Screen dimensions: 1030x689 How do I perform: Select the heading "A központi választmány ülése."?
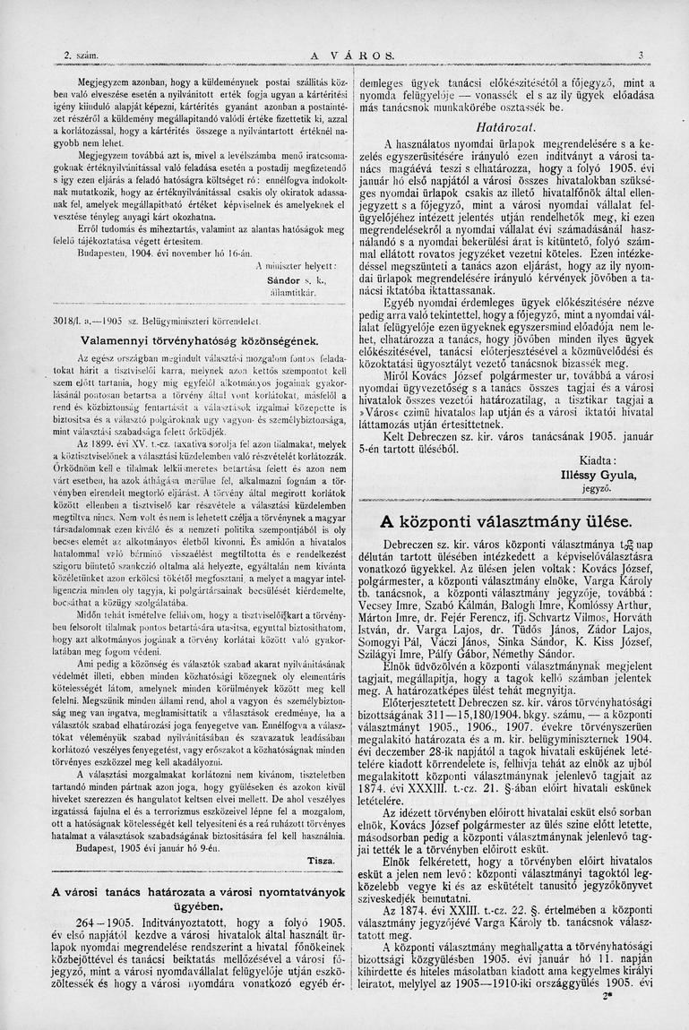505,520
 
